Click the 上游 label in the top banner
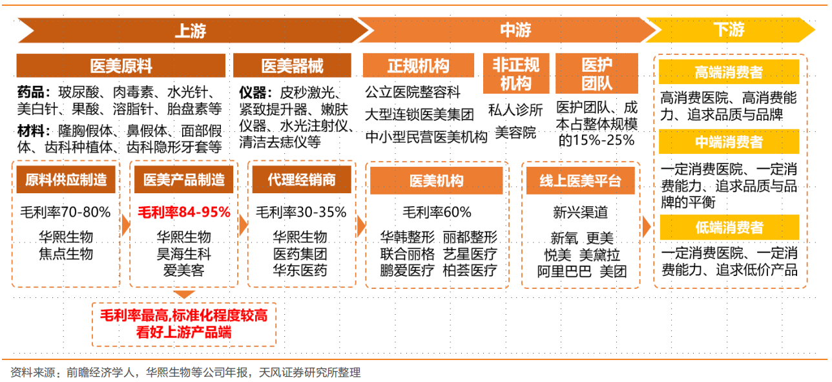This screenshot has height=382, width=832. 191,30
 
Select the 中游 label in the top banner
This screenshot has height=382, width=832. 515,30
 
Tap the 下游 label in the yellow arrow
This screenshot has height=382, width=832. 729,30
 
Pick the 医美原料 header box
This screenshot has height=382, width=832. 121,66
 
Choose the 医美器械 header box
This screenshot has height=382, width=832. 292,66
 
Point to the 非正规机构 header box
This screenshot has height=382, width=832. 515,73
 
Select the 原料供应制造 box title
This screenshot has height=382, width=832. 66,180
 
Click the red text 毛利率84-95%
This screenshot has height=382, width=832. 184,212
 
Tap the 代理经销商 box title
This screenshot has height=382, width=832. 302,180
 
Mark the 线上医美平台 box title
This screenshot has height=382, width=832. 580,181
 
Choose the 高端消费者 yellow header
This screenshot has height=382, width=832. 729,72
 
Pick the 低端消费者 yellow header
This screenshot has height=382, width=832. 729,228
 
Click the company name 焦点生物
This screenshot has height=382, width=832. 66,253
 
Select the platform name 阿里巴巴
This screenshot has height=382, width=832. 564,271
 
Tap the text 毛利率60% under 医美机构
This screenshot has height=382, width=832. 437,212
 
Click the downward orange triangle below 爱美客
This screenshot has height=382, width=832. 184,295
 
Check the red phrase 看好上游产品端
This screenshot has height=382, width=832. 184,333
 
